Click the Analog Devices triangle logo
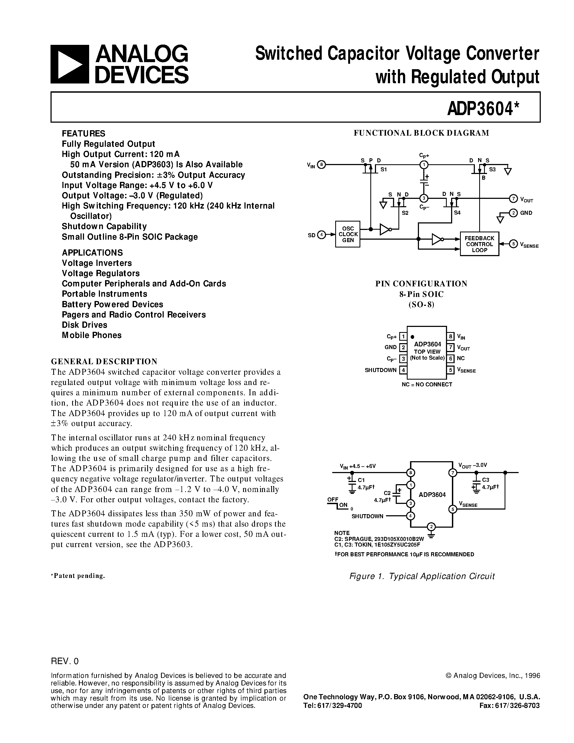click(70, 64)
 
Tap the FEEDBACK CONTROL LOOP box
click(479, 244)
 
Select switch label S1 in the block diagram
click(384, 169)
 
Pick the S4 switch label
click(457, 213)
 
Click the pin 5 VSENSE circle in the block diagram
click(513, 244)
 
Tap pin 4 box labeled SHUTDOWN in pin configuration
click(403, 370)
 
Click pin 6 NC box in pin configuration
click(451, 358)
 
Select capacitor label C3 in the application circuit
click(486, 480)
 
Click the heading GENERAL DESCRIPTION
click(104, 361)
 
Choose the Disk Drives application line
click(84, 325)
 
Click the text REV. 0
click(65, 661)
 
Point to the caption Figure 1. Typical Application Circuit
click(422, 576)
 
